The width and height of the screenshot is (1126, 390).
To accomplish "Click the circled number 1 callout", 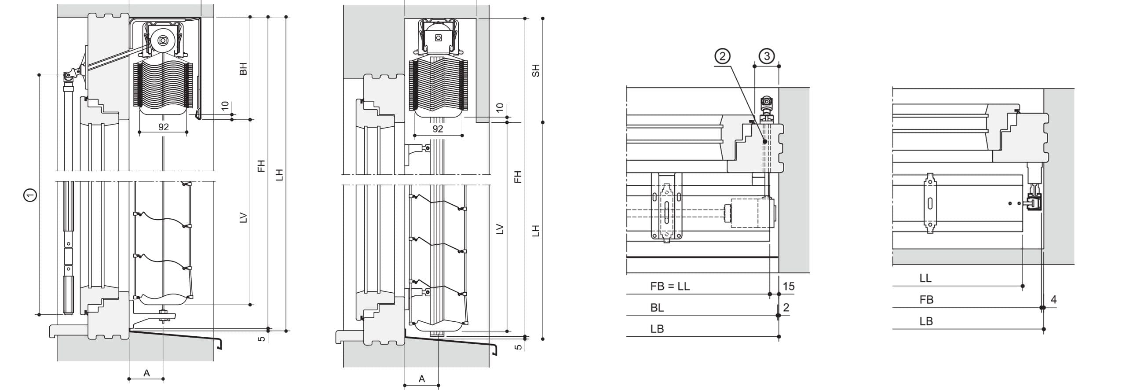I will (x=30, y=194).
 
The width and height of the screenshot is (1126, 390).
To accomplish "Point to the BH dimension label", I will (x=243, y=69).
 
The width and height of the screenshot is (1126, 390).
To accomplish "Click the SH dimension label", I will (x=535, y=70).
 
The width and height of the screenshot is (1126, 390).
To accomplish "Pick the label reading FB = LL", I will (x=670, y=287).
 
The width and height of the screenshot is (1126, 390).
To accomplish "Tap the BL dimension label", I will (x=657, y=308).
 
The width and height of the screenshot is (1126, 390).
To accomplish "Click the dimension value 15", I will (x=789, y=287).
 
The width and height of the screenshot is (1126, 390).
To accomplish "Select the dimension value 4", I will (x=1053, y=300).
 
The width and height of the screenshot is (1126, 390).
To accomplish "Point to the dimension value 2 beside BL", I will (x=786, y=307).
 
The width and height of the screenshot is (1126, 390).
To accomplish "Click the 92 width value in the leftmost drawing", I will (x=163, y=127).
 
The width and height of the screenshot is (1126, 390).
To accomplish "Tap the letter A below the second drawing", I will (x=422, y=379).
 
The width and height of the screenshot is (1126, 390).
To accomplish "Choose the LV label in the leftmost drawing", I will (x=243, y=218).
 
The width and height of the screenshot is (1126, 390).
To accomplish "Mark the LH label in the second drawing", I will (x=535, y=230).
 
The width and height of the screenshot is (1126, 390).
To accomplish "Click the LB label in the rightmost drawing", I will (x=926, y=321).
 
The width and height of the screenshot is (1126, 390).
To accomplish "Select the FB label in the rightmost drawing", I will (x=926, y=300).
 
